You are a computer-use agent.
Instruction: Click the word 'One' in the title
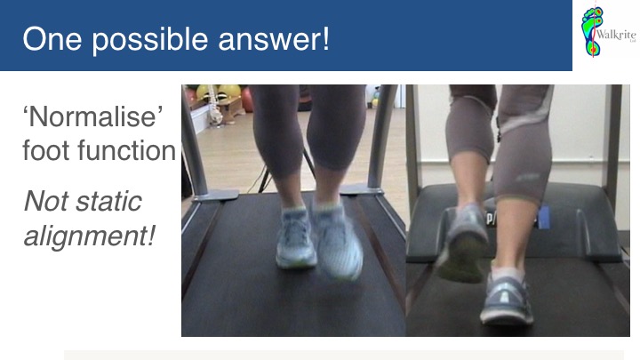52,39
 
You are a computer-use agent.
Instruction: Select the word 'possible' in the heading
150,40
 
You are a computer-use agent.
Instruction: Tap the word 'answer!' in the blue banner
274,40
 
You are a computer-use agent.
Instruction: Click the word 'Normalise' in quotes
92,116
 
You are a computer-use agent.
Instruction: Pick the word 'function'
127,150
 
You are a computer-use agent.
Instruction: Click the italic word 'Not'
46,201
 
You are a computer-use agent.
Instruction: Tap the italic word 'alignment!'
90,236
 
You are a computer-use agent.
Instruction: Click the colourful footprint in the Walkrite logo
591,30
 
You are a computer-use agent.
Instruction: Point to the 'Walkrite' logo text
616,35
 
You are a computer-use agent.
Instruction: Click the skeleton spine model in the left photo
213,105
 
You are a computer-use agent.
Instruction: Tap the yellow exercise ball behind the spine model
229,92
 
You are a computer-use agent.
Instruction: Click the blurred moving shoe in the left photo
337,241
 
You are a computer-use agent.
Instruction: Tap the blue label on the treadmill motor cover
544,217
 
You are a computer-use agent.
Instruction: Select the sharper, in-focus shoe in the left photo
295,239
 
